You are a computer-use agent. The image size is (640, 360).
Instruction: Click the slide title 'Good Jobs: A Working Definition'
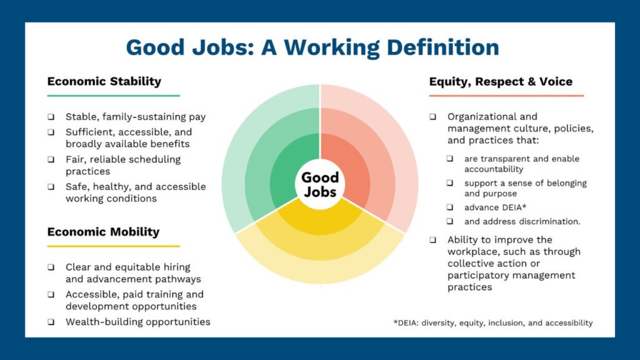(x=312, y=47)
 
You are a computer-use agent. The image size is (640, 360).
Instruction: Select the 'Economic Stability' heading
(x=104, y=81)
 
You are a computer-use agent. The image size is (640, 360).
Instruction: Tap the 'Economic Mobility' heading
(x=103, y=232)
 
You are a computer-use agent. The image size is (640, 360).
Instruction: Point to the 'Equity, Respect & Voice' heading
(x=501, y=82)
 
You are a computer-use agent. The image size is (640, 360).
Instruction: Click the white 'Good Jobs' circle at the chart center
(x=320, y=184)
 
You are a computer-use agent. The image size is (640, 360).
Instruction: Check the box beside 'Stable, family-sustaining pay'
(x=51, y=117)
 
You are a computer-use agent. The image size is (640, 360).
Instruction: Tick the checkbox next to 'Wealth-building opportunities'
(x=51, y=322)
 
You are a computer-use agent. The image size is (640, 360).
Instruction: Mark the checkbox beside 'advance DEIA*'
(x=450, y=207)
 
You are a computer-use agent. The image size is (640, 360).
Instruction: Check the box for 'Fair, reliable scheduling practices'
(x=51, y=159)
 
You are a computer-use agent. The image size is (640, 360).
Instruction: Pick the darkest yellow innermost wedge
(x=320, y=221)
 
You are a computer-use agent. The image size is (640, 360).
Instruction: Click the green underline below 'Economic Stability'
(x=114, y=96)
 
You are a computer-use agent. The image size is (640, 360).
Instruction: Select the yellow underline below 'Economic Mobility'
(x=114, y=246)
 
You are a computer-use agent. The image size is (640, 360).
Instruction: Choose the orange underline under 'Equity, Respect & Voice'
(x=506, y=96)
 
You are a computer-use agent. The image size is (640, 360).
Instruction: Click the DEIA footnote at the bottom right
(x=493, y=323)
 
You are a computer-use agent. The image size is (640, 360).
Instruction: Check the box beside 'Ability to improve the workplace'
(x=433, y=240)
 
